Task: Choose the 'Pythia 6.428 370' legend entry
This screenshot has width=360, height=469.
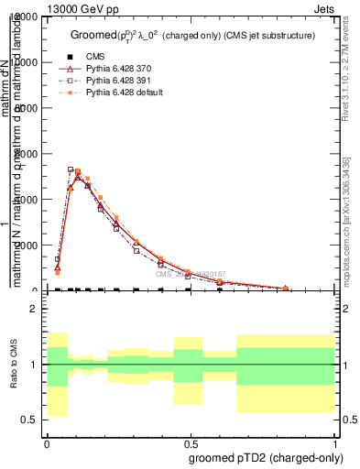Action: [x=110, y=68]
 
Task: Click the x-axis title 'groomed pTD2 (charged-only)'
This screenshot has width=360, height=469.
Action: [x=267, y=457]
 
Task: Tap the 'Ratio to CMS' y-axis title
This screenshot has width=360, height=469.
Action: [x=14, y=365]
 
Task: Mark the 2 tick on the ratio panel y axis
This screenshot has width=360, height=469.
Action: [x=34, y=309]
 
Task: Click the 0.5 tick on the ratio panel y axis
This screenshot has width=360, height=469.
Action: [x=29, y=420]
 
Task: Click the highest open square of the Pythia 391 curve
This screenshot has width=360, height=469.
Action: [x=71, y=169]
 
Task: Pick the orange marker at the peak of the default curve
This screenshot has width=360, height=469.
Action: [x=78, y=170]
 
